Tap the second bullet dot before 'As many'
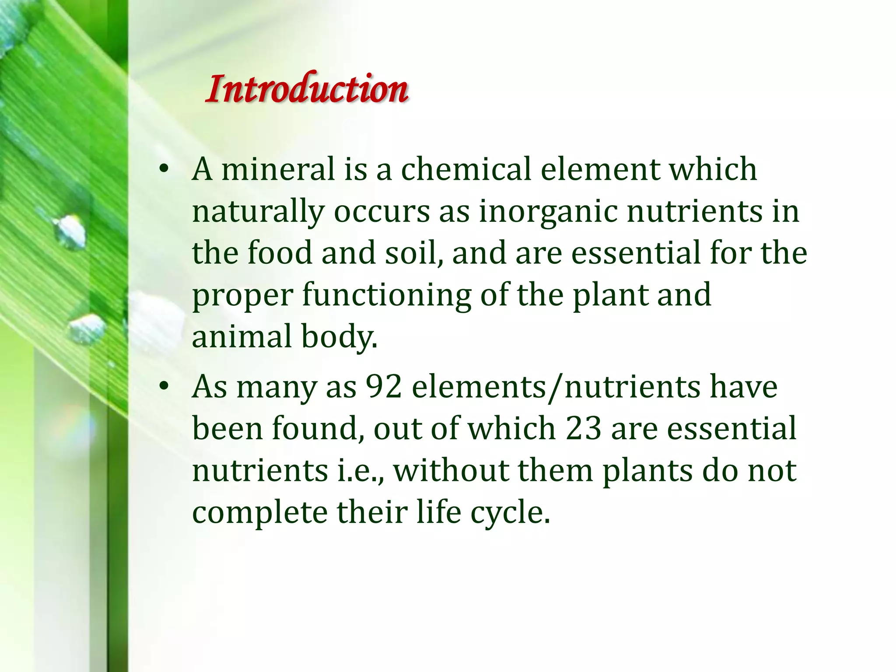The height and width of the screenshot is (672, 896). pos(164,386)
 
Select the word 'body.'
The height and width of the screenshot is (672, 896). pos(339,337)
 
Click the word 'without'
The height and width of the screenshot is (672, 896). pos(451,470)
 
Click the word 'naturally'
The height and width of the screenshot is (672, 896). pos(258,212)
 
